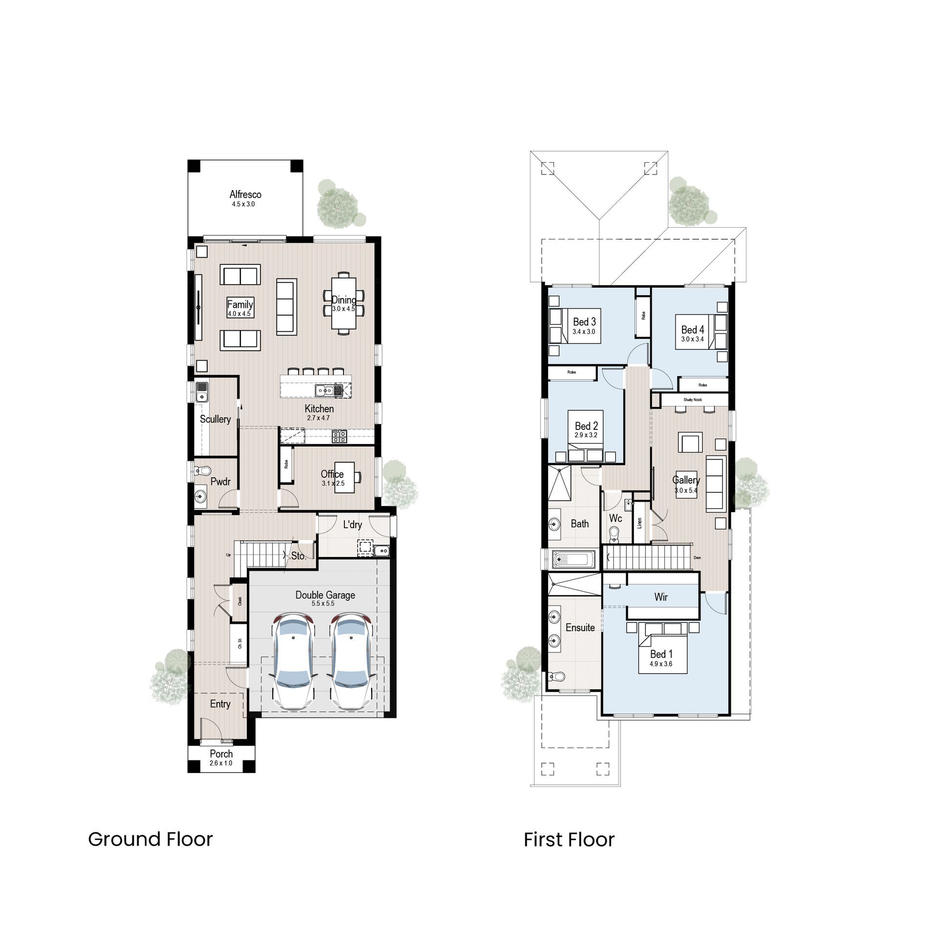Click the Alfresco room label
point(245,194)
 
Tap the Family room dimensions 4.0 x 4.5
point(239,314)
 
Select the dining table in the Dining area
point(344,303)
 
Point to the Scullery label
point(215,419)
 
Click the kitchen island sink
point(324,390)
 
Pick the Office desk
point(344,477)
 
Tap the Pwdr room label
point(220,482)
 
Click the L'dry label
point(352,525)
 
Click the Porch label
point(221,754)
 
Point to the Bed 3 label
point(584,321)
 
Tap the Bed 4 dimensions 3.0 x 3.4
point(692,339)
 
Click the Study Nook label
point(692,400)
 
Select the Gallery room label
point(686,480)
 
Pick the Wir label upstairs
point(661,597)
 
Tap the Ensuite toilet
point(556,677)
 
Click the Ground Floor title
point(150,839)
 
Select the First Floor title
point(569,840)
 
